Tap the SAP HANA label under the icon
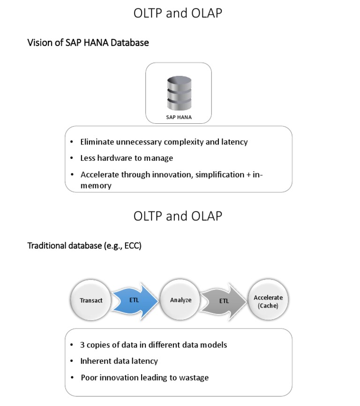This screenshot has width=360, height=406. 178,117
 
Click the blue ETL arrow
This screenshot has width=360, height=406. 136,299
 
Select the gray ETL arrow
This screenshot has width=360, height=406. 224,301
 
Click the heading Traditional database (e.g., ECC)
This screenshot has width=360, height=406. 84,245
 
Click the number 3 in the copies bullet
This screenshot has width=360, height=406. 83,345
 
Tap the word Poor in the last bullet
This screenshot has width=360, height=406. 89,377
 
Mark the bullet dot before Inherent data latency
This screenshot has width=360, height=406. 72,361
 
